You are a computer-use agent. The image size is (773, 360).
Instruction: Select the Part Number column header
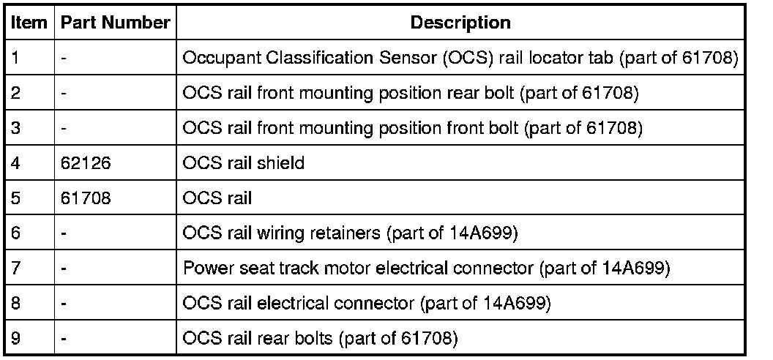tap(116, 23)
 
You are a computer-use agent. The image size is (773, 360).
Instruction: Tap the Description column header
tap(460, 23)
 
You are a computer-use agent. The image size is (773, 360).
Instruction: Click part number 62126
tap(81, 163)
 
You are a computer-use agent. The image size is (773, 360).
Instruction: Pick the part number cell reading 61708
tap(81, 198)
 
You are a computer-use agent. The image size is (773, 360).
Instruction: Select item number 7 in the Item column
tap(16, 269)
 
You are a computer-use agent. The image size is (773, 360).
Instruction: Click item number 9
tap(16, 338)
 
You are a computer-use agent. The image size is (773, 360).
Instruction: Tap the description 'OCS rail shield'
tap(243, 163)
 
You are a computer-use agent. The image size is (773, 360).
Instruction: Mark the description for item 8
tap(366, 303)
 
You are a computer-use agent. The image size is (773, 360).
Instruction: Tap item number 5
tap(16, 198)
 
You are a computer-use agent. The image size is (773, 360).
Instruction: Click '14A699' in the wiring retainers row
tap(469, 233)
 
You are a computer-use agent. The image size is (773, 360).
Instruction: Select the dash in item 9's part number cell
tap(64, 338)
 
